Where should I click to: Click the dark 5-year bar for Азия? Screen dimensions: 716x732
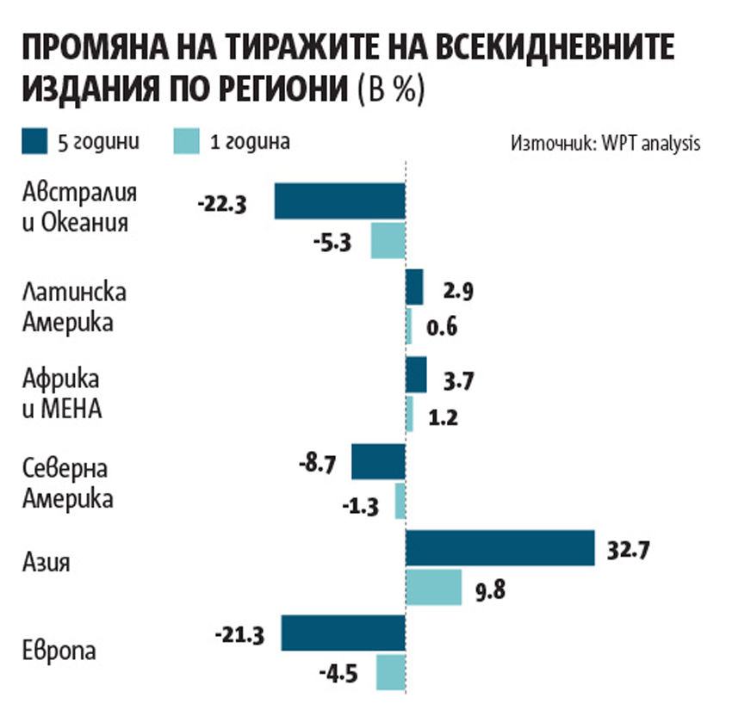click(x=499, y=548)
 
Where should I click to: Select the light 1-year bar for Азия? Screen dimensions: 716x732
click(x=433, y=586)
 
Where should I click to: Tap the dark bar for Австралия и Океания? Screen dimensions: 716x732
click(x=339, y=201)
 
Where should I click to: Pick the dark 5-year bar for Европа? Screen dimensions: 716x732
click(x=343, y=633)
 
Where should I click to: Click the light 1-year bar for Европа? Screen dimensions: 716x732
click(x=391, y=672)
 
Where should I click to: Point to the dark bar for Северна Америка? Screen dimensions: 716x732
click(x=378, y=462)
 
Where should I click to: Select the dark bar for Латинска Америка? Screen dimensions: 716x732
click(x=414, y=287)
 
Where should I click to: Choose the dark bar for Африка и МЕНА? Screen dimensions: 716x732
click(x=416, y=375)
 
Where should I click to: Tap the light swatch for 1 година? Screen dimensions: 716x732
click(x=187, y=141)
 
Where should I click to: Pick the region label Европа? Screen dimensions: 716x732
click(x=59, y=650)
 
